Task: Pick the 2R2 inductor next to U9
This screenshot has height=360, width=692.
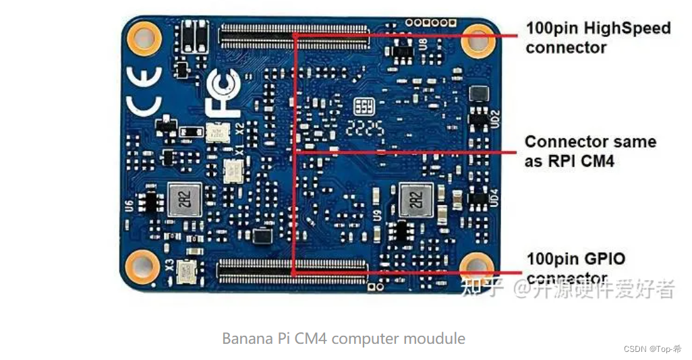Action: [415, 198]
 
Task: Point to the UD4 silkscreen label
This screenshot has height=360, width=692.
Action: [494, 197]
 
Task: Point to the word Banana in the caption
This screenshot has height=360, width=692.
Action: [245, 338]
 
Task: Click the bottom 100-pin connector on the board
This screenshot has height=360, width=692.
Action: [291, 272]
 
